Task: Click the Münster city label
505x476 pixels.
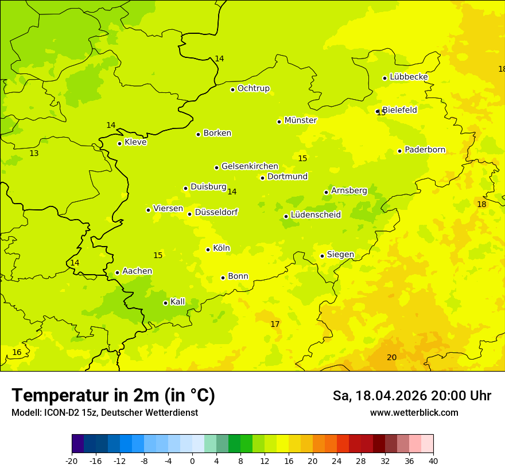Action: pyautogui.click(x=300, y=120)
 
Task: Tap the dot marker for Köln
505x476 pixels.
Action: pyautogui.click(x=208, y=249)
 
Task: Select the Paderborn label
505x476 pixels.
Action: pyautogui.click(x=425, y=150)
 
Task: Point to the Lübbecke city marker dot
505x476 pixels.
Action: pyautogui.click(x=385, y=78)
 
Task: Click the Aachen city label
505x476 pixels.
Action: pyautogui.click(x=137, y=271)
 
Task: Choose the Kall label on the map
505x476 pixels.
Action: pyautogui.click(x=178, y=302)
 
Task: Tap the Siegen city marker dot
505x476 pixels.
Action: pyautogui.click(x=322, y=256)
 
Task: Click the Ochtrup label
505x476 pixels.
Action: pyautogui.click(x=253, y=88)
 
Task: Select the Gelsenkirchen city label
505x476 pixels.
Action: pyautogui.click(x=250, y=166)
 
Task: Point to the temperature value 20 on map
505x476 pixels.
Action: pyautogui.click(x=391, y=357)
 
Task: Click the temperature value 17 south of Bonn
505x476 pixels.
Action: pyautogui.click(x=275, y=324)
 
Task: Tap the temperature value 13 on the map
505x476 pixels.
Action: pyautogui.click(x=34, y=153)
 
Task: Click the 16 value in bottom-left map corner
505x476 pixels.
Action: pyautogui.click(x=17, y=352)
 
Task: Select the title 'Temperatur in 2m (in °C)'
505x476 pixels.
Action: pyautogui.click(x=113, y=396)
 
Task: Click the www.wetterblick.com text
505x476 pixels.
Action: pyautogui.click(x=414, y=412)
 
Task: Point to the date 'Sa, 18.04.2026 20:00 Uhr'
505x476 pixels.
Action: pyautogui.click(x=411, y=396)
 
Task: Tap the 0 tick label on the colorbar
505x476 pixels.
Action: pyautogui.click(x=192, y=461)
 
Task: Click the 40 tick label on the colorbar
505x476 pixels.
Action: pyautogui.click(x=433, y=461)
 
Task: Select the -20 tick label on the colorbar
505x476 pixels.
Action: pyautogui.click(x=72, y=461)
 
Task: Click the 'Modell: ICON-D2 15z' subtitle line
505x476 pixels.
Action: pyautogui.click(x=104, y=412)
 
